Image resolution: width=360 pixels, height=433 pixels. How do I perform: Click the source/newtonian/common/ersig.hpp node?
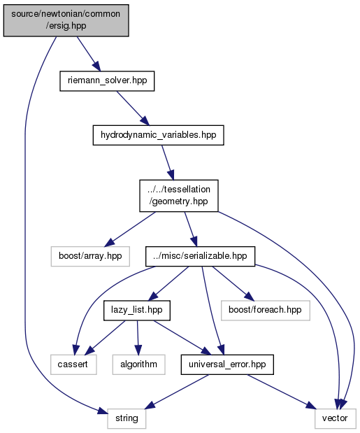pos(66,20)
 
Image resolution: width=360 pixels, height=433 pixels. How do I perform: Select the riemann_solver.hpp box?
pos(107,81)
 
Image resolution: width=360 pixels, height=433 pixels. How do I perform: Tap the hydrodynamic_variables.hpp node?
pos(159,135)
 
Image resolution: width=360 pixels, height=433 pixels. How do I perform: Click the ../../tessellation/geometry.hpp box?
pos(179,196)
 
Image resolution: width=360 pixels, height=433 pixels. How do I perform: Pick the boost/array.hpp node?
pos(90,256)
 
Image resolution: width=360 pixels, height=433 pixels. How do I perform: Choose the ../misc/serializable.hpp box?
pos(201,256)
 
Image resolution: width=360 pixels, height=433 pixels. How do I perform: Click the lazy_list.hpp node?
pos(137,311)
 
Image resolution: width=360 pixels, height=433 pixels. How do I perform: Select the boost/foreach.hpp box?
pos(266,311)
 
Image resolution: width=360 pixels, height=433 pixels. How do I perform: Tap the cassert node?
pos(73,364)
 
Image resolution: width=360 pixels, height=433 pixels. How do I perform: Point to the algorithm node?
pos(139,364)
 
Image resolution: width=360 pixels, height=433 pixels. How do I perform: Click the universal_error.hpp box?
pos(227,364)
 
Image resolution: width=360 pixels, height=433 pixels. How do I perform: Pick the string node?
pos(127,418)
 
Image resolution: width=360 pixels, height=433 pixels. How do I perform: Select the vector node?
pos(335,418)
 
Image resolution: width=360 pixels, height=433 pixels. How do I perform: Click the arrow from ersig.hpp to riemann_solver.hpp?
pos(88,54)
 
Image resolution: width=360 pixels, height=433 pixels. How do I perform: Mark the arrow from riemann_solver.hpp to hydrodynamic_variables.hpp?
pos(133,108)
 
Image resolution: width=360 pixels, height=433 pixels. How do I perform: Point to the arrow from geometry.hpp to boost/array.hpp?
pos(130,229)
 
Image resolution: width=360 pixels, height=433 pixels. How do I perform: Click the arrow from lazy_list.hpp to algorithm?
pos(138,337)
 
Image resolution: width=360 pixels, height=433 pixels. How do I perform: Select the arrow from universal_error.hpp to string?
pos(177,392)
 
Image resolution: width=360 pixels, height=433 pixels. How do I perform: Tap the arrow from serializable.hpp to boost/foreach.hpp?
pos(233,283)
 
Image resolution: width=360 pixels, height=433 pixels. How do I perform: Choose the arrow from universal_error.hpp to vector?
pos(282,392)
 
